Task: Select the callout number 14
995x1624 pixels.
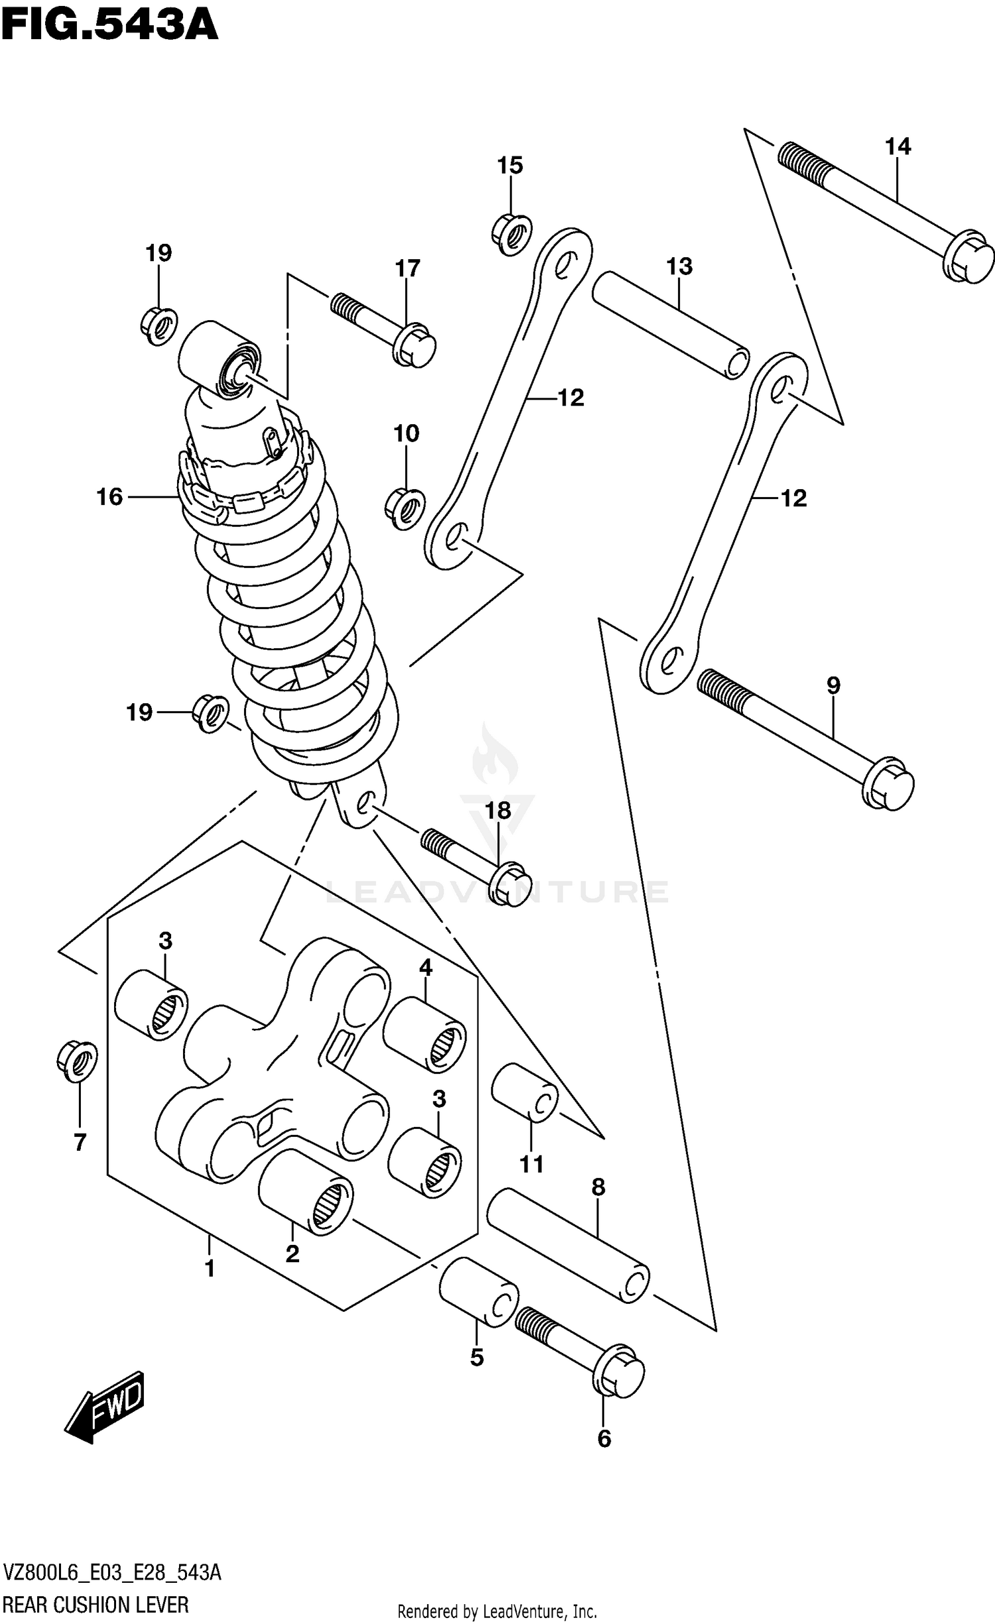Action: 897,146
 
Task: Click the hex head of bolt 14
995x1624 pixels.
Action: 968,257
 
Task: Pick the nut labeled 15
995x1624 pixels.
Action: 512,233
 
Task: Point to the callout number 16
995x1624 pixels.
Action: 109,496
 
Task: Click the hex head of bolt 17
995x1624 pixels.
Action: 415,345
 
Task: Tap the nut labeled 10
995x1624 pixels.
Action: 405,510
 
